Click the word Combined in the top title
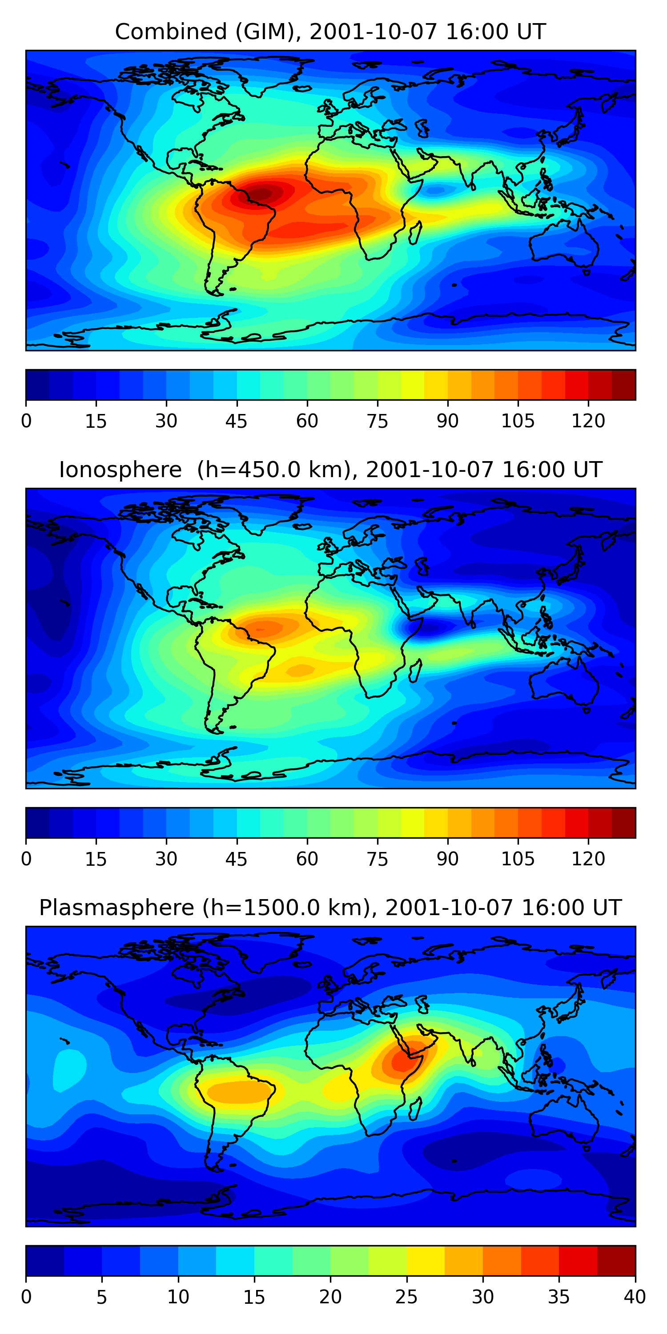171,32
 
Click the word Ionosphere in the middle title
120,470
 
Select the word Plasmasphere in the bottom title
117,908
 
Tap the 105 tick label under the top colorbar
517,421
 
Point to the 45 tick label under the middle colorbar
236,859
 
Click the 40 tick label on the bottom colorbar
635,1297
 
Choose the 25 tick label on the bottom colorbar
406,1297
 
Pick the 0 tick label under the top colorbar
26,421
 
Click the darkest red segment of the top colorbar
623,385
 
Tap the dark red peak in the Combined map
262,194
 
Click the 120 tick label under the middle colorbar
588,859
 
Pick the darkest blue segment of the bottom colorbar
44,1261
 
